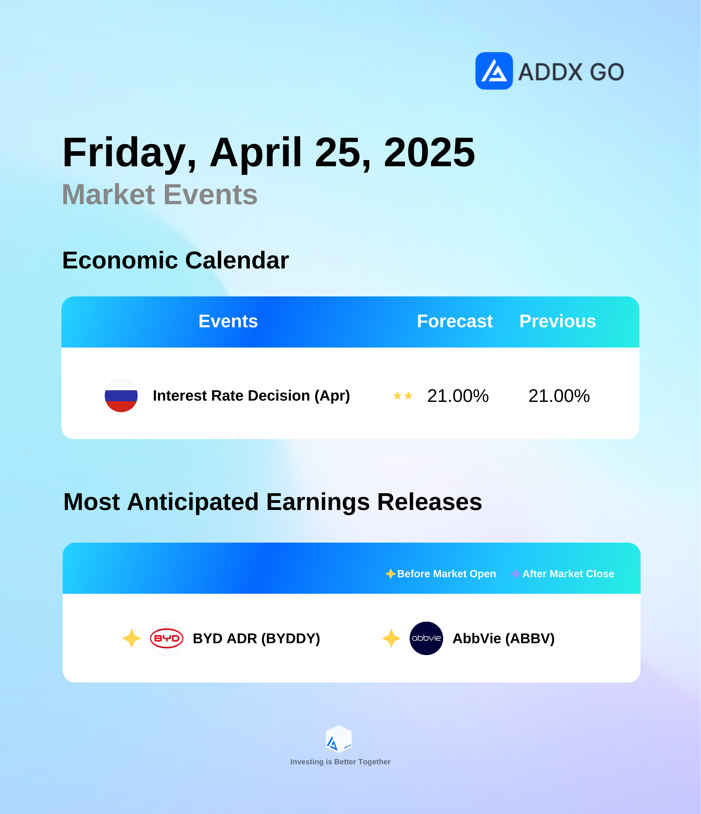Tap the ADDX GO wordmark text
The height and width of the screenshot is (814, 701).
pyautogui.click(x=571, y=72)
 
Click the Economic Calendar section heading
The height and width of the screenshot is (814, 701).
pyautogui.click(x=175, y=260)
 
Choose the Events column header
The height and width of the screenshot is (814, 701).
pyautogui.click(x=228, y=321)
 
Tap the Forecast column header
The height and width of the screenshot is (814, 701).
pyautogui.click(x=455, y=321)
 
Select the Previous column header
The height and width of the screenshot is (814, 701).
pyautogui.click(x=558, y=321)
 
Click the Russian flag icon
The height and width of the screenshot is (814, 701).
pyautogui.click(x=121, y=396)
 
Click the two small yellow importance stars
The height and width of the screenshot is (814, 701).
pyautogui.click(x=403, y=396)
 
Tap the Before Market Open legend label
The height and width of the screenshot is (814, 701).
pyautogui.click(x=447, y=574)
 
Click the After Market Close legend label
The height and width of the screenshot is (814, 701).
pyautogui.click(x=568, y=574)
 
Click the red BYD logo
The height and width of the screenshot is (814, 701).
pyautogui.click(x=167, y=638)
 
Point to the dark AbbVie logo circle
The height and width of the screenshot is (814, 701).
pyautogui.click(x=426, y=638)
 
